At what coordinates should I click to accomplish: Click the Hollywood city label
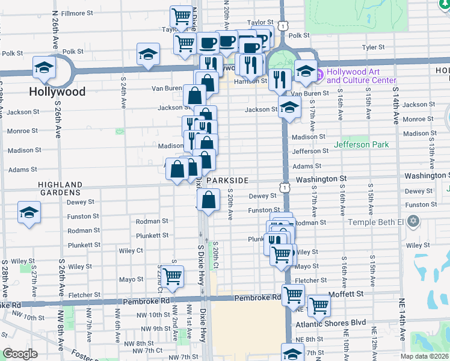(x=57, y=92)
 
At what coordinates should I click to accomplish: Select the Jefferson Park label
(x=361, y=144)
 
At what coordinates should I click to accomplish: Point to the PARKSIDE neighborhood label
(x=227, y=180)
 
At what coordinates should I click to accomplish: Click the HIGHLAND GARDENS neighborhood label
(x=60, y=188)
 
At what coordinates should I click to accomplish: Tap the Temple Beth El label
(x=381, y=222)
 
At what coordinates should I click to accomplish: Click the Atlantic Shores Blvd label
(x=330, y=322)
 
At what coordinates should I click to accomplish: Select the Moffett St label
(x=347, y=294)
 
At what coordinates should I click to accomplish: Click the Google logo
(x=20, y=354)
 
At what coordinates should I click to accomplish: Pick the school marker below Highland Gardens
(x=28, y=214)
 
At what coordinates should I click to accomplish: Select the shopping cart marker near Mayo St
(x=173, y=276)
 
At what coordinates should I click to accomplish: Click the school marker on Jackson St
(x=289, y=108)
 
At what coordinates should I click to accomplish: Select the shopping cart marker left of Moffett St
(x=293, y=295)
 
